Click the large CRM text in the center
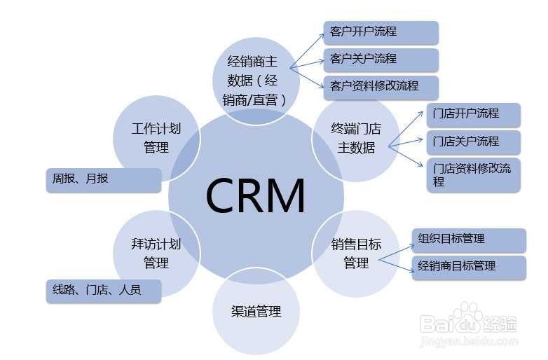256,195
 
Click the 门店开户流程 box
473,114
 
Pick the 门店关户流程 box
473,141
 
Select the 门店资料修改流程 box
473,175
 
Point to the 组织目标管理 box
468,240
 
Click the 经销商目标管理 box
468,267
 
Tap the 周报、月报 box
103,180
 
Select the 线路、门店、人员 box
103,291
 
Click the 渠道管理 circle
256,311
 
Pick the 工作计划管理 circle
156,138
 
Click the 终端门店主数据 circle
355,138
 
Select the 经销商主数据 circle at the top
256,81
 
